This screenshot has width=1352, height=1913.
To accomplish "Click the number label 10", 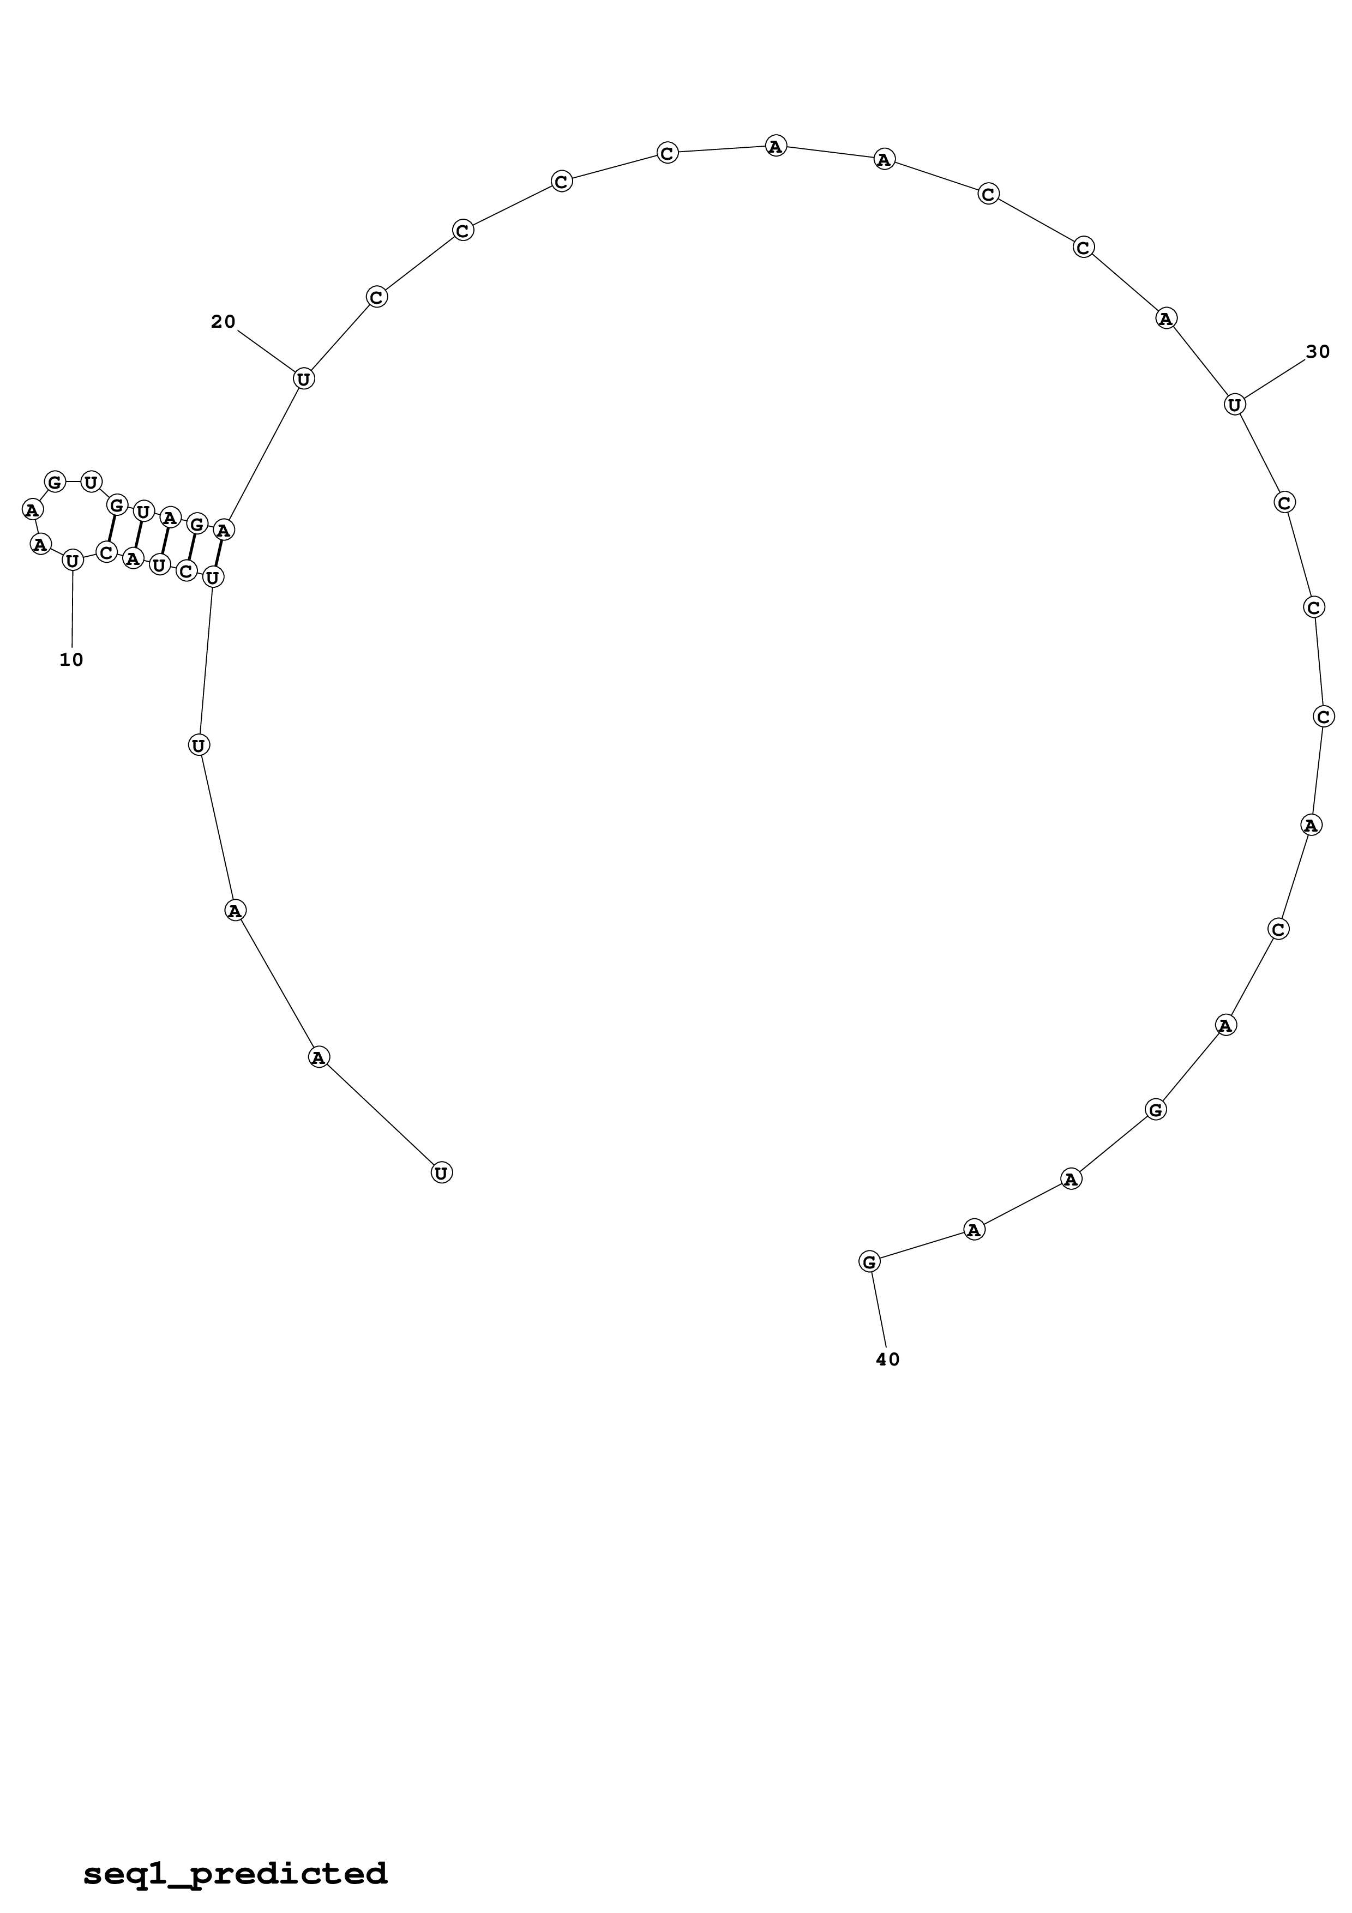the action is pyautogui.click(x=71, y=660).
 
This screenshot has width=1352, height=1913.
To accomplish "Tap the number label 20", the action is pyautogui.click(x=223, y=322).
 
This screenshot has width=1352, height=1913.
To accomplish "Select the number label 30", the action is pyautogui.click(x=1318, y=352).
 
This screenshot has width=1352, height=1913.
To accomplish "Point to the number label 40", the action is pyautogui.click(x=888, y=1359).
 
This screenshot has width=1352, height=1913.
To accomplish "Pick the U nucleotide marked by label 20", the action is pyautogui.click(x=304, y=379).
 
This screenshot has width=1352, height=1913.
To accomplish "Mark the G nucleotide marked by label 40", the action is pyautogui.click(x=869, y=1261).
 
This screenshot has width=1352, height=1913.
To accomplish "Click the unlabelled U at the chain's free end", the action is pyautogui.click(x=442, y=1173).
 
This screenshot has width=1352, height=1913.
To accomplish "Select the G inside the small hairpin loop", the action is pyautogui.click(x=55, y=482).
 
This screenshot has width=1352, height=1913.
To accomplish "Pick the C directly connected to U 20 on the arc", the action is pyautogui.click(x=376, y=297).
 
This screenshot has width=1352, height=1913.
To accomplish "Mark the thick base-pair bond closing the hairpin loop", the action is pyautogui.click(x=111, y=529).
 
